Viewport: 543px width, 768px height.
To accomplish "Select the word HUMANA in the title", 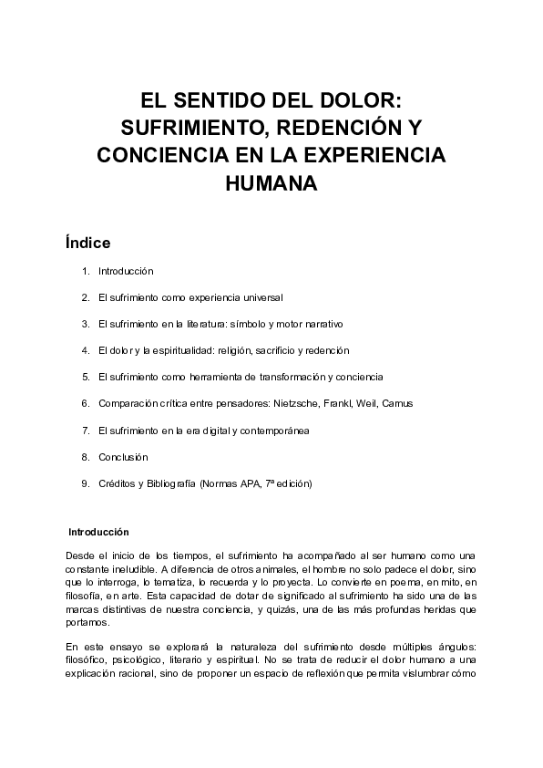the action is pos(271,182).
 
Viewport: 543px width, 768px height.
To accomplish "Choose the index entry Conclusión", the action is pos(123,456).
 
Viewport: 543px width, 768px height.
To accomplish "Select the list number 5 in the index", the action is pos(85,376).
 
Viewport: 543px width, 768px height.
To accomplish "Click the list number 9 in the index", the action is pos(85,483).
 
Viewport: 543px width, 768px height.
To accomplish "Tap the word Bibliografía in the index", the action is pos(168,483).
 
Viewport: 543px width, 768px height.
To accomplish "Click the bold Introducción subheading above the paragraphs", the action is pos(100,532).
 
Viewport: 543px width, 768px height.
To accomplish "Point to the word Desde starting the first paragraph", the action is pos(80,555).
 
